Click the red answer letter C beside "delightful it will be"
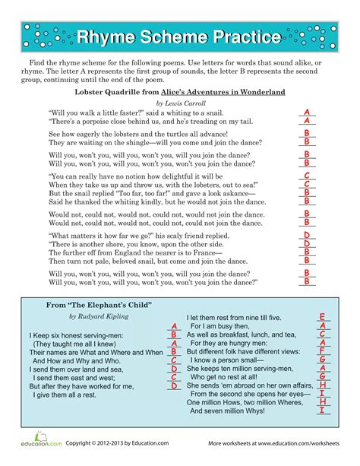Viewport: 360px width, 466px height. pos(306,175)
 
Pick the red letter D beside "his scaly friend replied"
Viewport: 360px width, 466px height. pos(306,234)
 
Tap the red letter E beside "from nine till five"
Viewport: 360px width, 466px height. pos(322,316)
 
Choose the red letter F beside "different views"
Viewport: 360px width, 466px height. pos(322,351)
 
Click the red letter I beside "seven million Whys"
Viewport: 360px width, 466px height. pos(322,411)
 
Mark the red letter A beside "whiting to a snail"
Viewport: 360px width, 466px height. pos(306,112)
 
